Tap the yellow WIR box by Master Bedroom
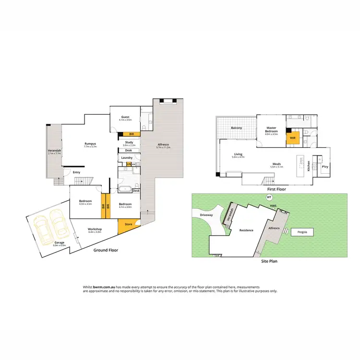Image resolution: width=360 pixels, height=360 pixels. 292,138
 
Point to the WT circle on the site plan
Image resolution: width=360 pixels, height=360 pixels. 269,197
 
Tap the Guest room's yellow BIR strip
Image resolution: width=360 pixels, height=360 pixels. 132,134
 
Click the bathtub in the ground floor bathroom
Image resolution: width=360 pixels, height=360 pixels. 127,188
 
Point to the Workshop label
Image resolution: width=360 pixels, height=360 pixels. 94,229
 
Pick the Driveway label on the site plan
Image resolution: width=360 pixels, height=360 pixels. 206,215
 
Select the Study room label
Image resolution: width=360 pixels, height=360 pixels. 129,142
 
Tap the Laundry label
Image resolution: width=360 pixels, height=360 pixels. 127,157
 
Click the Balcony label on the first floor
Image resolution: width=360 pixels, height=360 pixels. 236,128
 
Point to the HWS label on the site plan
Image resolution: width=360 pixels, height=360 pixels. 274,207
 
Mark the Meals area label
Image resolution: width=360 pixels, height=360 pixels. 276,164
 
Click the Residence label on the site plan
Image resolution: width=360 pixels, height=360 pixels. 246,230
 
